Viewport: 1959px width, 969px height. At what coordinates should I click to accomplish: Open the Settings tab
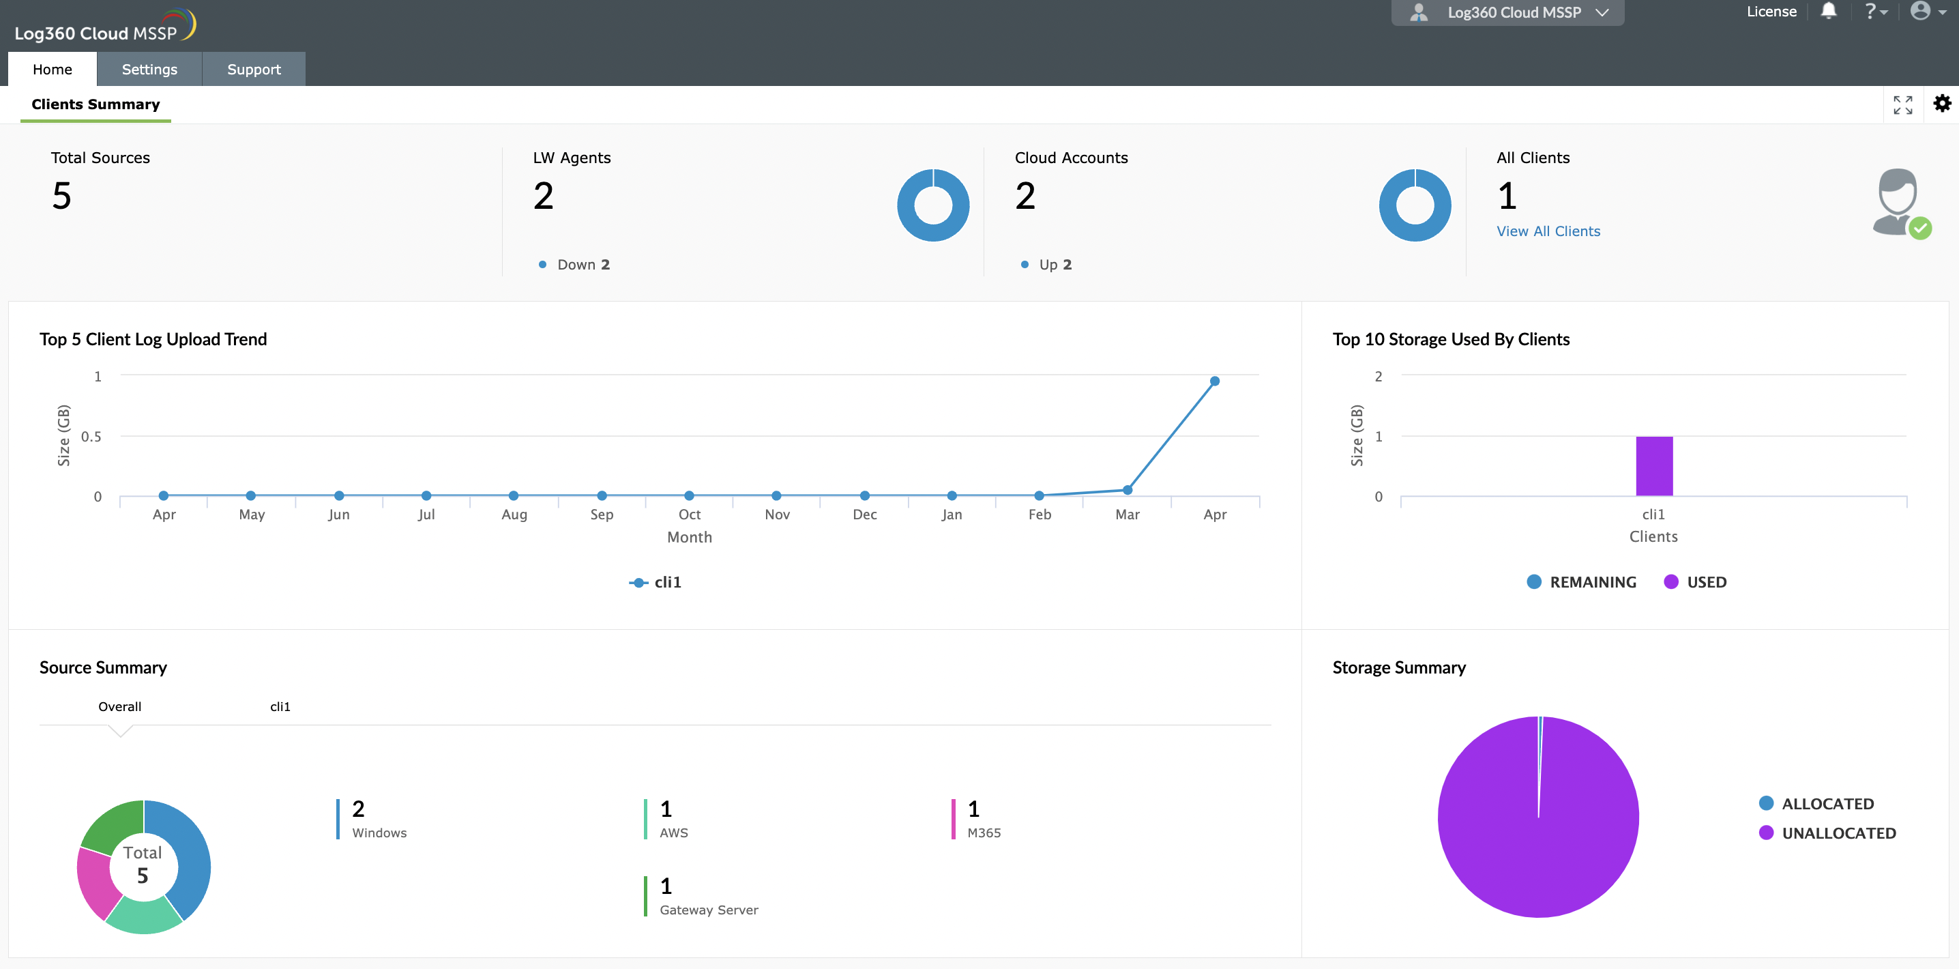[149, 69]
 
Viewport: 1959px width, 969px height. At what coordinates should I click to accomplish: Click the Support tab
[253, 69]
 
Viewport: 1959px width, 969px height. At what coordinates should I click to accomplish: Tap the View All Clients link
[1548, 231]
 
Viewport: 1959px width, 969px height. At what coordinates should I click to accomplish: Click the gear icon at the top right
[1941, 104]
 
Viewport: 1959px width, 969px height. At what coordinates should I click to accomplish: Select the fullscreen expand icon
[1902, 105]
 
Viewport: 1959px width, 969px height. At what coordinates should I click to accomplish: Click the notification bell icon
[1828, 12]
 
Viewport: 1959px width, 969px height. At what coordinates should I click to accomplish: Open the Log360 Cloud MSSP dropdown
[1507, 12]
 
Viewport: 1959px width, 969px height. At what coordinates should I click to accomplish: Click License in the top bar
[1771, 12]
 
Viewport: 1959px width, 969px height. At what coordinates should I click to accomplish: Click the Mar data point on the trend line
[1127, 490]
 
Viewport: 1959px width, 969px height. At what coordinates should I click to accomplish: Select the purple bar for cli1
[1653, 465]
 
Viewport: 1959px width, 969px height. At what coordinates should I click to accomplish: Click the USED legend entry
[1695, 582]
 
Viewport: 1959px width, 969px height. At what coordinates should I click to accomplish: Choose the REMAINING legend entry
[1581, 582]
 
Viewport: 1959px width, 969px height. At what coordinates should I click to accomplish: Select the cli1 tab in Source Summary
[280, 706]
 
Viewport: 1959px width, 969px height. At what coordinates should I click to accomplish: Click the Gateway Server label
[708, 910]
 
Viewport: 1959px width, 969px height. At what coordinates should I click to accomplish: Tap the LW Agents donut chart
[932, 205]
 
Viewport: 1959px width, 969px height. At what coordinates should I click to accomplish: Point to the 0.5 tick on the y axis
[91, 437]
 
